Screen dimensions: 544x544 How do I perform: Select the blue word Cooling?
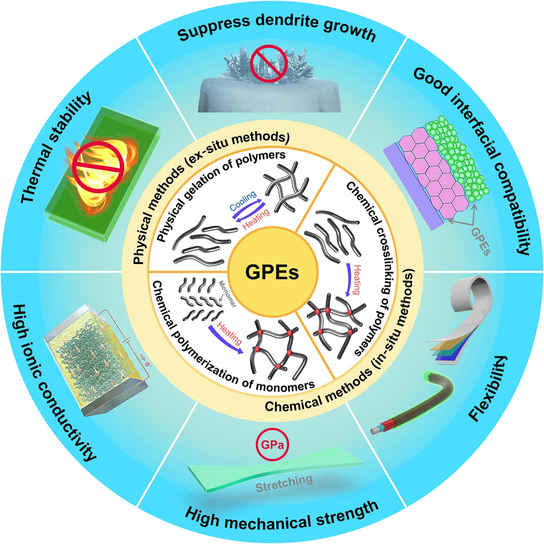(x=243, y=201)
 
